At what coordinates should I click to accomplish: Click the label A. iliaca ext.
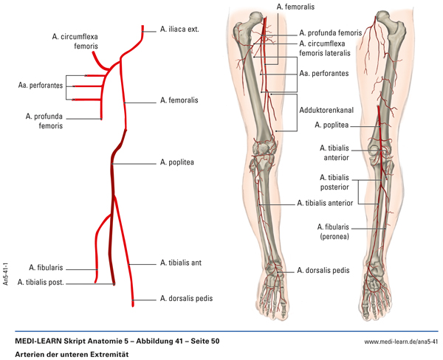coord(180,30)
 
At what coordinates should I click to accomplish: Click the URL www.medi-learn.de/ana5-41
coord(402,342)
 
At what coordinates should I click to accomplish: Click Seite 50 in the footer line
coord(201,342)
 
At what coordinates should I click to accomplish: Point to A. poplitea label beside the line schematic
coord(176,162)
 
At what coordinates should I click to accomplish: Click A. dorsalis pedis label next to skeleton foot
coord(323,270)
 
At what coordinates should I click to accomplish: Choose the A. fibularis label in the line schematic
coord(46,268)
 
